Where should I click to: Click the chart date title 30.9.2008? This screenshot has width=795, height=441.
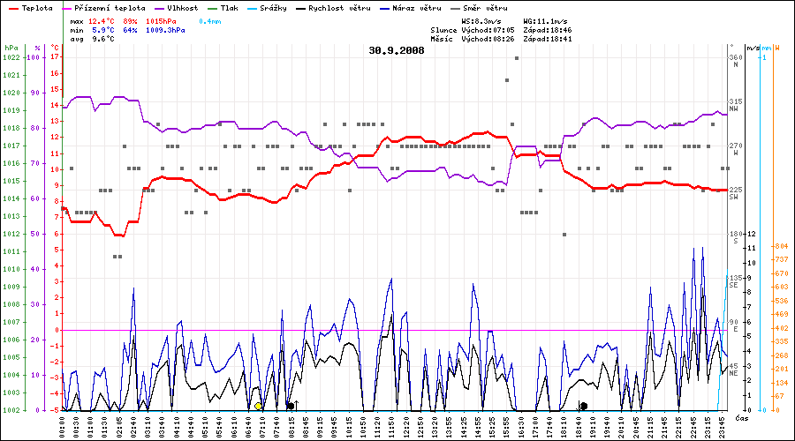[x=397, y=51]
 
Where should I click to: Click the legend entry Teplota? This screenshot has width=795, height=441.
[x=36, y=8]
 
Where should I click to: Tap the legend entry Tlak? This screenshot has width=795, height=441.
[x=253, y=8]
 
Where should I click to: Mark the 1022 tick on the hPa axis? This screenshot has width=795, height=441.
[x=11, y=57]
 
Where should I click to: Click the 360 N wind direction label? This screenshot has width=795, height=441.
[x=735, y=62]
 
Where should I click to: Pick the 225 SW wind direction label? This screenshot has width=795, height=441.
[x=735, y=194]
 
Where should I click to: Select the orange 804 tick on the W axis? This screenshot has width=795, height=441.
[x=781, y=246]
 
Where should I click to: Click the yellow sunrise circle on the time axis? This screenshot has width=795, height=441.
[x=258, y=406]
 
